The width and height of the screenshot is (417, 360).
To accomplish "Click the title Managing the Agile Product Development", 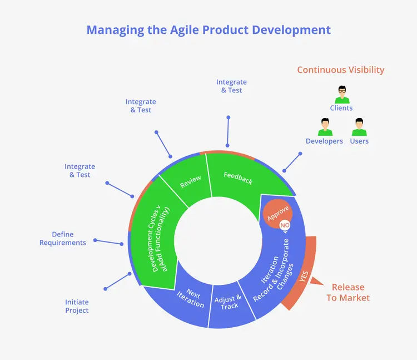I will [209, 30].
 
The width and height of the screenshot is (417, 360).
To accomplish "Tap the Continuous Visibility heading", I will [340, 70].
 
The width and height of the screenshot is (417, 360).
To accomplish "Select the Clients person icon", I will [341, 94].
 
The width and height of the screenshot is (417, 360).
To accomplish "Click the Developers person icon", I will [325, 127].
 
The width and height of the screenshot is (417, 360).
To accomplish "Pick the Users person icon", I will [359, 127].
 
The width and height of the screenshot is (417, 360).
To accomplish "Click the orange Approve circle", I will [278, 214].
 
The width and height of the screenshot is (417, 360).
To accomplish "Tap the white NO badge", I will [285, 225].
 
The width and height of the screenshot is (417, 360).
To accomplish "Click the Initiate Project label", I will [77, 306].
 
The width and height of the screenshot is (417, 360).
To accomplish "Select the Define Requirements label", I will [63, 239].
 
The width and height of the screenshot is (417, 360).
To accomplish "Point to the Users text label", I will [359, 141].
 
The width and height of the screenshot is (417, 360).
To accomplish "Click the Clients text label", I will [341, 108].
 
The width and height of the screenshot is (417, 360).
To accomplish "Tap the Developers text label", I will [324, 141].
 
